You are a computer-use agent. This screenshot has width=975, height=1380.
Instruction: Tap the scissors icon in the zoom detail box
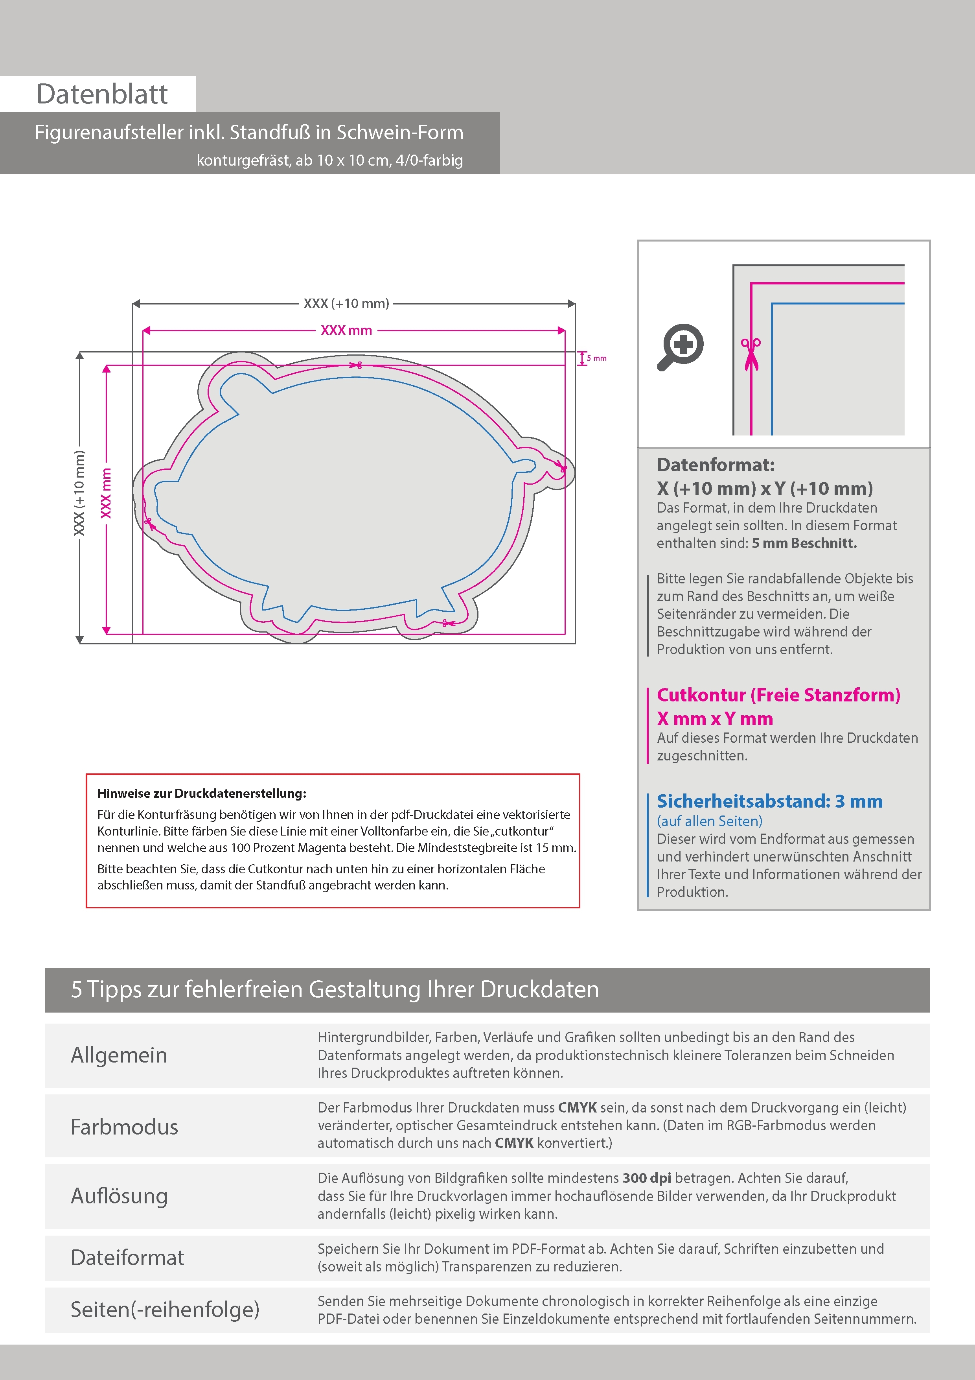coord(751,354)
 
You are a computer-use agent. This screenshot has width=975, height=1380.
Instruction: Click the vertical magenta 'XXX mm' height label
coord(106,493)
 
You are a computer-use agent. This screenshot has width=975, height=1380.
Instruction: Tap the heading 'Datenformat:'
coord(716,465)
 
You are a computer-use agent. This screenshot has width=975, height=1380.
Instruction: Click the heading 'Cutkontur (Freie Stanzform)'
coord(778,695)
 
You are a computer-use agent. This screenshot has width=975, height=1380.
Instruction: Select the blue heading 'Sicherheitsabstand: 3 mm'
coord(769,801)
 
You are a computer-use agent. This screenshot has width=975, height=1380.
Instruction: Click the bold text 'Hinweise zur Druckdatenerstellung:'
coord(202,793)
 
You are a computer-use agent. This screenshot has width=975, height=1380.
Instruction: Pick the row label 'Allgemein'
coord(119,1055)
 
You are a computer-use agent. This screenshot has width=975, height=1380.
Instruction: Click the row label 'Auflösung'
coord(119,1196)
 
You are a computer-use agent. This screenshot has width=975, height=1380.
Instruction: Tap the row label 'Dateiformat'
coord(127,1257)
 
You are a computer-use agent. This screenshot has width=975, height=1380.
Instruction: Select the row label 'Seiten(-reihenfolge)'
coord(165,1309)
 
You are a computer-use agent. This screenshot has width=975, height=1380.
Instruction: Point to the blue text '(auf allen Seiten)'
coord(710,821)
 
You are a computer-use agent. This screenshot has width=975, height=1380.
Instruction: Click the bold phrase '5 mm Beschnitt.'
coord(804,543)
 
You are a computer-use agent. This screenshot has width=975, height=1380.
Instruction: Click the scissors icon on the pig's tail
coord(562,467)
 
